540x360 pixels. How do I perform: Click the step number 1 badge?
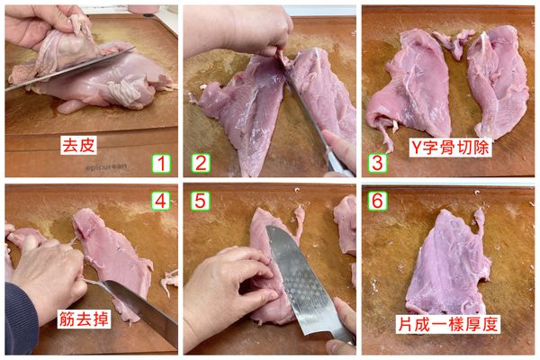tap(161, 163)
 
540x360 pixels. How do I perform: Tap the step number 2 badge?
tap(201, 163)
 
